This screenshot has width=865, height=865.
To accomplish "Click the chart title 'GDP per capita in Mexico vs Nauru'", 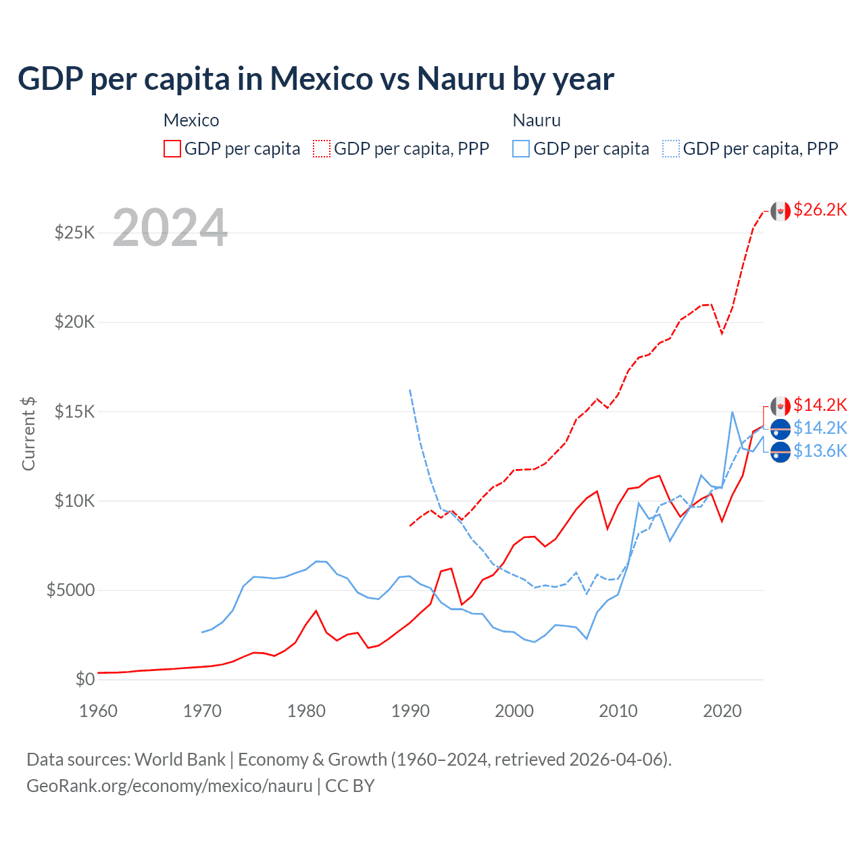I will coord(316,78).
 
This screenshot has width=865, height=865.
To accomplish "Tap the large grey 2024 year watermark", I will coord(170,228).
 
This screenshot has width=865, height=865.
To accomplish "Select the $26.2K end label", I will coord(820,209).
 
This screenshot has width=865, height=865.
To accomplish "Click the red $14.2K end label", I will coord(820,405).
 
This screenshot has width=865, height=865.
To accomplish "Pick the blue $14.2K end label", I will coord(820,428).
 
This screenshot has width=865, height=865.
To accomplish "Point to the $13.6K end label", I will coord(820,451).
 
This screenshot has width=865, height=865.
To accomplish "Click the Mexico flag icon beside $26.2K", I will coord(781,211).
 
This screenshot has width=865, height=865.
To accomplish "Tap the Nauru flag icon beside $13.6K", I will coord(781,451).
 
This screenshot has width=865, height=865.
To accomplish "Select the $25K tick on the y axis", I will coord(74,233).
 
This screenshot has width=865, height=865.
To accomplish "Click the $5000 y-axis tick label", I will coord(70,590).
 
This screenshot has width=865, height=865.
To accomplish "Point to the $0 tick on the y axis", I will coord(84,679).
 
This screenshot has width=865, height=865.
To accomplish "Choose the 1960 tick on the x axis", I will coord(99,711).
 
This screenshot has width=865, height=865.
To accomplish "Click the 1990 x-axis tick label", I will coord(410,711).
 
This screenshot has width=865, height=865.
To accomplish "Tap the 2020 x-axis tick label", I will coord(722,711).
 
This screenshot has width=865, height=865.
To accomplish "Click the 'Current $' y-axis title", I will coord(28,434).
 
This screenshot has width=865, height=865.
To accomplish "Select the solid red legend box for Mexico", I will coord(172,149).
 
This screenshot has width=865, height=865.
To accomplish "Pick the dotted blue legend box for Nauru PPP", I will coord(671,149).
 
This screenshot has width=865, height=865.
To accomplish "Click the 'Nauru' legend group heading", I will coord(537,120).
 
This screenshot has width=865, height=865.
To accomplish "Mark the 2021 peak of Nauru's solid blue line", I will coord(733,412).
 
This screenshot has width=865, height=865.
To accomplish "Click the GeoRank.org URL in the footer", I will coord(169,786).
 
